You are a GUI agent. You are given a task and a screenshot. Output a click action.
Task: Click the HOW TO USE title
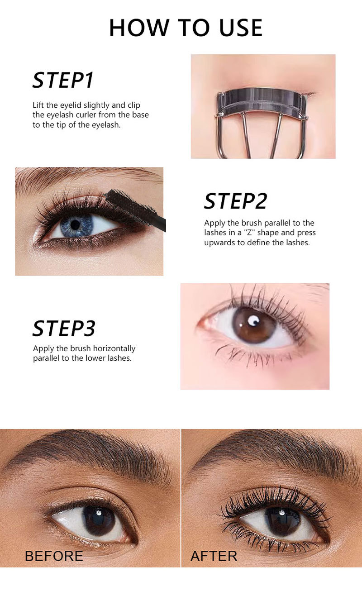pos(186,28)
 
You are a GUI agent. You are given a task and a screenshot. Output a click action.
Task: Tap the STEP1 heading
pos(63,80)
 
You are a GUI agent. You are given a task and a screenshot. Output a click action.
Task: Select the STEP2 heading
pos(236,201)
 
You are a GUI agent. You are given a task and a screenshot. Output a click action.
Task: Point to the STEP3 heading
pos(64,328)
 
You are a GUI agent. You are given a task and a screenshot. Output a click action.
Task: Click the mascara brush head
pos(131,204)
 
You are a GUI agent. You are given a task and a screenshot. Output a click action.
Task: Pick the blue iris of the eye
pos(76,225)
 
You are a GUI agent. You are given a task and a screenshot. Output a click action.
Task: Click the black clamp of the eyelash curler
pos(261,101)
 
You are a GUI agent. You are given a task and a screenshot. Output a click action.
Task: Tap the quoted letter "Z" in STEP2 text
pos(249,233)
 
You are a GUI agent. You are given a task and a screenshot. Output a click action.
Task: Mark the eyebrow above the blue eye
pos(87,177)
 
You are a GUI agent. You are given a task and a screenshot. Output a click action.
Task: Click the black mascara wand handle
pos(160,223)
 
